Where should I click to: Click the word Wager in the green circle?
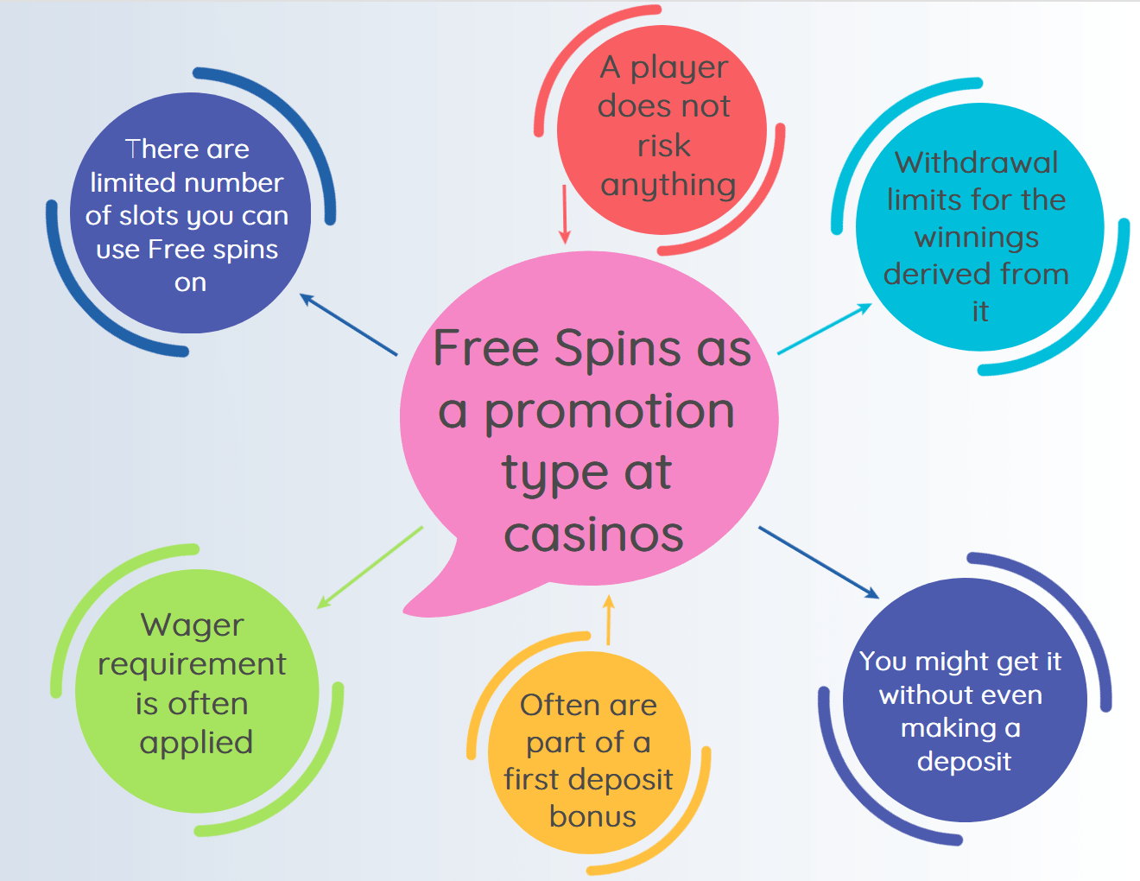(192, 626)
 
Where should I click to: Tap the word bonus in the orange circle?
(592, 817)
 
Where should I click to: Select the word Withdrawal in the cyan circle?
(976, 162)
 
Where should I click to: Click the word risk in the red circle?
(663, 145)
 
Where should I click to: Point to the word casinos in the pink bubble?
(593, 536)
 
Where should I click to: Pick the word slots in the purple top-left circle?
(142, 216)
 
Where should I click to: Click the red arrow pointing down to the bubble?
(565, 214)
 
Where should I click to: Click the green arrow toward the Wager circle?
(370, 567)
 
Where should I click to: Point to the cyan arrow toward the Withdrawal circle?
(824, 329)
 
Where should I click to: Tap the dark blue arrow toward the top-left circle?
(348, 325)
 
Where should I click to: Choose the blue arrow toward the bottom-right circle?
(819, 562)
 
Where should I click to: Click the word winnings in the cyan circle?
(976, 238)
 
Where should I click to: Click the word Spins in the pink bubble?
(620, 350)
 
